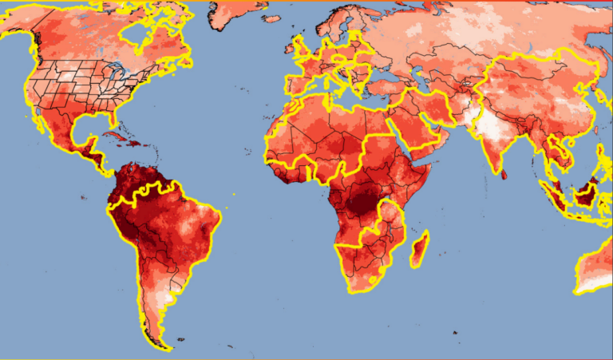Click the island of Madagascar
pyautogui.click(x=419, y=248)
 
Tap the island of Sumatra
pyautogui.click(x=552, y=196)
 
